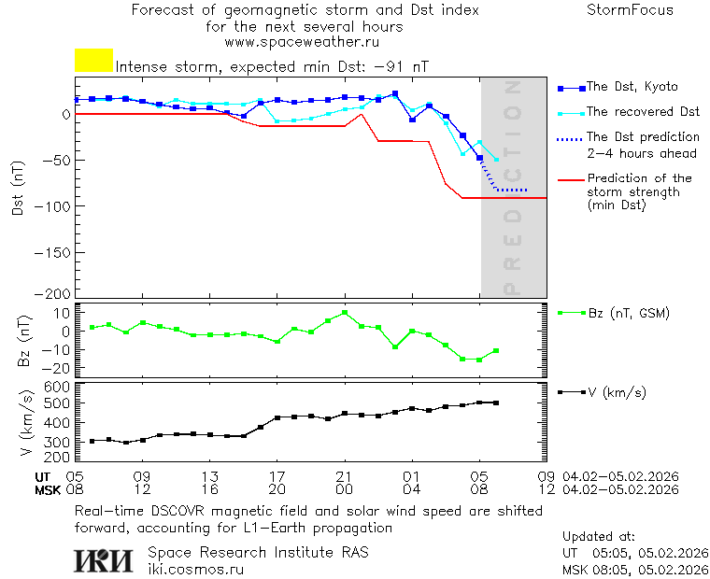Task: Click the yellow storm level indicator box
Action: (93, 61)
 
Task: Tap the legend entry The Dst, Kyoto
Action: (632, 87)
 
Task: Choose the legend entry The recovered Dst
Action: (643, 112)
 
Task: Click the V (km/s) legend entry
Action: (616, 392)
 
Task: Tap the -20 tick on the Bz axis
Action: (58, 368)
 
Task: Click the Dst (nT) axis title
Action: (18, 187)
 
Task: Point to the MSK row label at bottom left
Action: (48, 489)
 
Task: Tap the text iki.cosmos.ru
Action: (195, 568)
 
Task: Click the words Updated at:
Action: (599, 537)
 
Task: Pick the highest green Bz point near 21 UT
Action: (345, 313)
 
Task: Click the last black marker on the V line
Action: (496, 402)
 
